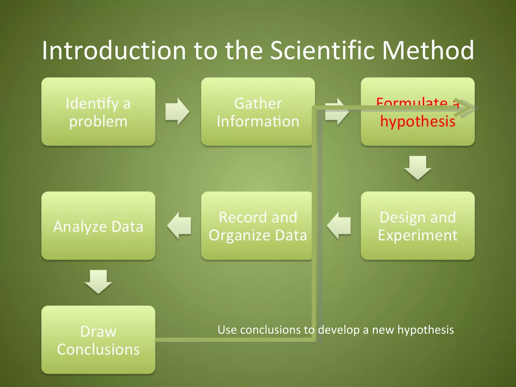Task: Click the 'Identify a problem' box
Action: click(x=98, y=112)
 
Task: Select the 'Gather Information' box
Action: click(x=257, y=112)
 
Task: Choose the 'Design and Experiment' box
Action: click(x=417, y=226)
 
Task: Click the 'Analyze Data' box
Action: click(x=98, y=226)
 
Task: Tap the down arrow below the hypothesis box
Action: click(x=418, y=168)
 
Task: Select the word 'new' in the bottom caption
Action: click(x=383, y=330)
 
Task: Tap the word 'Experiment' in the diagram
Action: click(x=417, y=235)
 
